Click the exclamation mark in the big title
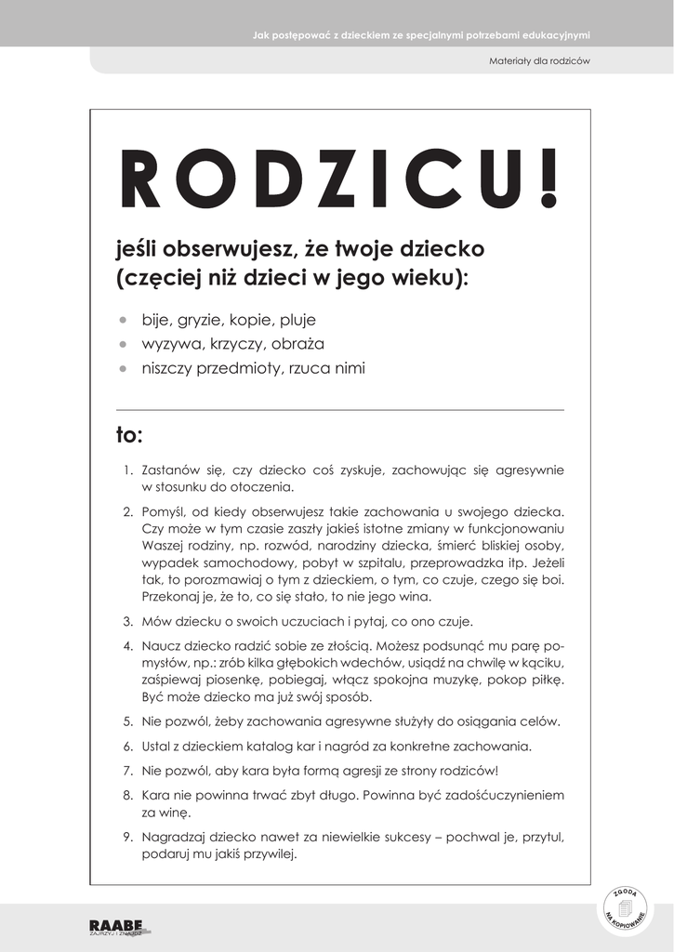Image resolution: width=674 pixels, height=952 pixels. coord(550,178)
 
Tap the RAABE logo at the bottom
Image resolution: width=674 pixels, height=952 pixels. coord(116,926)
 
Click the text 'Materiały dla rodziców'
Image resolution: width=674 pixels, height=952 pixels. coord(539,61)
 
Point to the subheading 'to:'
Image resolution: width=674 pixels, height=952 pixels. coord(128,435)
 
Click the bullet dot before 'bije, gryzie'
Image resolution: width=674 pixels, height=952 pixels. coord(122,320)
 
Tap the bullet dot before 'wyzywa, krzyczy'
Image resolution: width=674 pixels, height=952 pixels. coord(122,344)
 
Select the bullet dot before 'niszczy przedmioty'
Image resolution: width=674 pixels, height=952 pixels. coord(122,368)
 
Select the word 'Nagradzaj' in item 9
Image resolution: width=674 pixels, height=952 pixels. coord(172,837)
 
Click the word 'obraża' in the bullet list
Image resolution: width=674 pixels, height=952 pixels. coord(298,344)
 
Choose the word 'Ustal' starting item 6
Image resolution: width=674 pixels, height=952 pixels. coord(155,746)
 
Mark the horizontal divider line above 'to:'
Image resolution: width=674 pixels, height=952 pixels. coord(339,409)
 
